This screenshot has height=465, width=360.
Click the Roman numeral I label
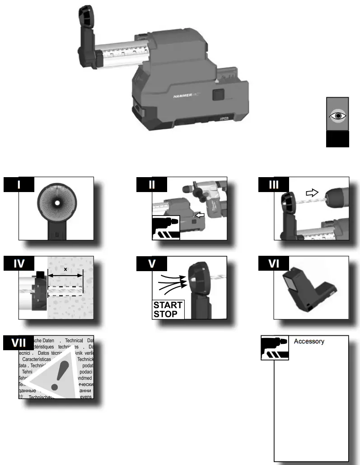tap(19, 185)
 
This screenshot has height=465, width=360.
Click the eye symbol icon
tap(337, 115)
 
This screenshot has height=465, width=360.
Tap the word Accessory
tap(309, 342)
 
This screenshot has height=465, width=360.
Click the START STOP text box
tap(168, 309)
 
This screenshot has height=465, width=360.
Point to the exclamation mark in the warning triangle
tap(56, 377)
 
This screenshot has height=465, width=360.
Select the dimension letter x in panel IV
tap(65, 269)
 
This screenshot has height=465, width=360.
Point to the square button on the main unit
tap(218, 95)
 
